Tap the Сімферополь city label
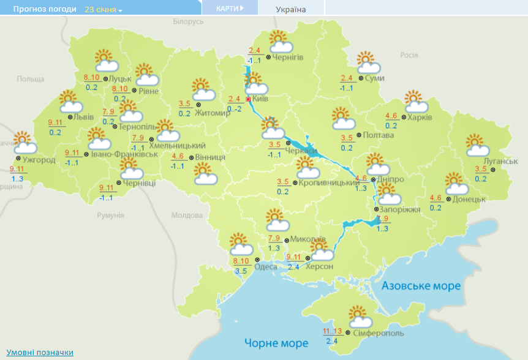377,334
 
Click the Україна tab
291,9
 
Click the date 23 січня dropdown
103,10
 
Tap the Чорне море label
276,343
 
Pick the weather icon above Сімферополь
360,317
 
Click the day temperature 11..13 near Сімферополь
332,331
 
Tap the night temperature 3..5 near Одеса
240,271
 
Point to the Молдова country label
187,216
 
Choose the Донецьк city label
470,199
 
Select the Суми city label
374,78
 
